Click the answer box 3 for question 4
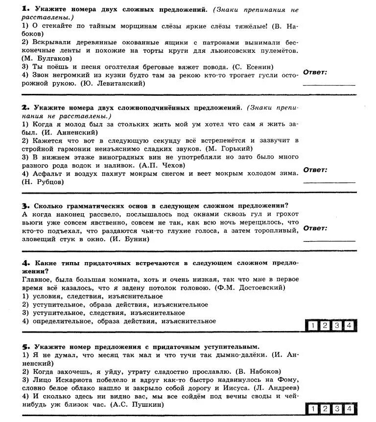(337, 326)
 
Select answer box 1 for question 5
(312, 409)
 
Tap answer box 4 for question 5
(349, 409)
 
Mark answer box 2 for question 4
(324, 326)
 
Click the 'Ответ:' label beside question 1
(315, 72)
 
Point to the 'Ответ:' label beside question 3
(315, 228)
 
